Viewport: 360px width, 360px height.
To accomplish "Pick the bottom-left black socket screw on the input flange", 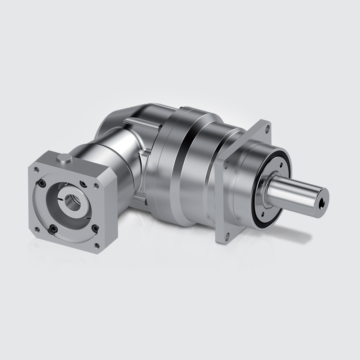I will [x=53, y=227].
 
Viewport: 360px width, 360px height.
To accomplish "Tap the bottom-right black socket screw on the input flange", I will [x=94, y=227].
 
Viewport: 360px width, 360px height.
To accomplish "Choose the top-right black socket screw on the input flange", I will [x=84, y=184].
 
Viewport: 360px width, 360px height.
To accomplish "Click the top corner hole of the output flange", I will [x=266, y=127].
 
